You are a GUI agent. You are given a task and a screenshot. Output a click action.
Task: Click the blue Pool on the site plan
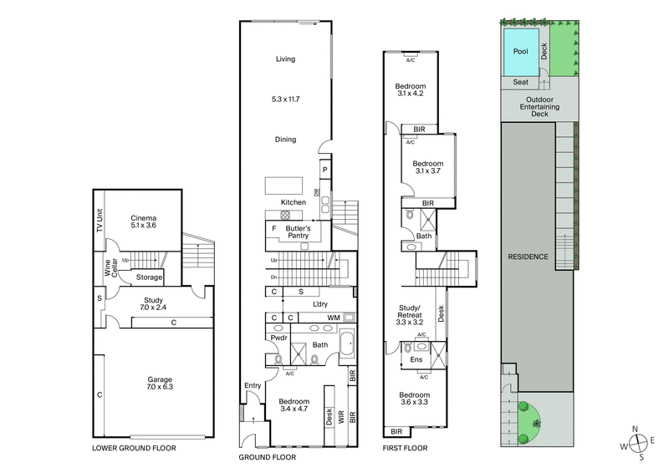coord(521,52)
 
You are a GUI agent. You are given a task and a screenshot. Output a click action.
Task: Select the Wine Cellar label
coord(108,267)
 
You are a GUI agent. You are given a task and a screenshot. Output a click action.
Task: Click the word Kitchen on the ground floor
coord(294,203)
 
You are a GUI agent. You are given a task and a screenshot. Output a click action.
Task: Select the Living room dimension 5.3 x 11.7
coord(285,99)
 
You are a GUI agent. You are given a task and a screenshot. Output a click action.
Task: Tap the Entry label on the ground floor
coord(253,385)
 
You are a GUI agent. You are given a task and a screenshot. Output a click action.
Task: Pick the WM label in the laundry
coord(334,318)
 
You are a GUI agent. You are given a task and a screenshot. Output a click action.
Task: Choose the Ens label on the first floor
coord(416,360)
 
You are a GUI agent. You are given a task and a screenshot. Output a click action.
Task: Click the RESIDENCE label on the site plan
coord(529,257)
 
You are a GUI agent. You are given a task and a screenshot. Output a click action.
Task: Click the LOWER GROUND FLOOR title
coord(134,449)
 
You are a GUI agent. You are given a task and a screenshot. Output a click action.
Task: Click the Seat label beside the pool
coord(520,82)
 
